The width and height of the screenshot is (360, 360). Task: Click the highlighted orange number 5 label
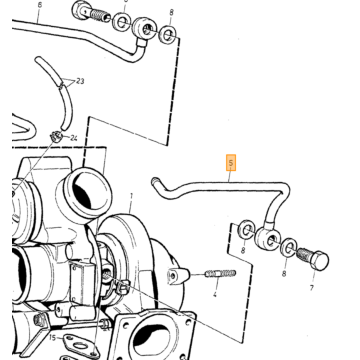[x=231, y=163]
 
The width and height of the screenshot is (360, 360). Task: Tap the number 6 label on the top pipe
[x=40, y=6]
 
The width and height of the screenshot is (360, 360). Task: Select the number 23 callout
[x=80, y=81]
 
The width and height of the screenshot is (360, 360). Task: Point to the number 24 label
[x=73, y=138]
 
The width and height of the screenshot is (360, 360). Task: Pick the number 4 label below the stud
[x=215, y=294]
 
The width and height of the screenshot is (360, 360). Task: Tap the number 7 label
[x=312, y=287]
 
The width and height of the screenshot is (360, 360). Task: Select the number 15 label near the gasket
[x=52, y=338]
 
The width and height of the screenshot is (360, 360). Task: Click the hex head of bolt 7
[x=320, y=260]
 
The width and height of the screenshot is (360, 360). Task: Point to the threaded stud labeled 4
[x=220, y=274]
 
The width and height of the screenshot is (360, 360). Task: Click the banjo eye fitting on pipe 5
[x=268, y=237]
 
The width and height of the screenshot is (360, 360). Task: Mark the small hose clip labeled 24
[x=55, y=136]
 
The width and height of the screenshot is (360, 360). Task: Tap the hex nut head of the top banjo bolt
[x=79, y=10]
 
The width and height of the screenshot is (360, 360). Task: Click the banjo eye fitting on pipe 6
[x=145, y=29]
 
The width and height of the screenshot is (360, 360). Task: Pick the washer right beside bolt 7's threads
[x=288, y=248]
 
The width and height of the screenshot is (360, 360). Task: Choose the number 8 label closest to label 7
[x=284, y=274]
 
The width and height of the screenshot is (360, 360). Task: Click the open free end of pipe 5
[x=154, y=181]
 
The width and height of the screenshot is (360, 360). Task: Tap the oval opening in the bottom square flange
[x=151, y=340]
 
